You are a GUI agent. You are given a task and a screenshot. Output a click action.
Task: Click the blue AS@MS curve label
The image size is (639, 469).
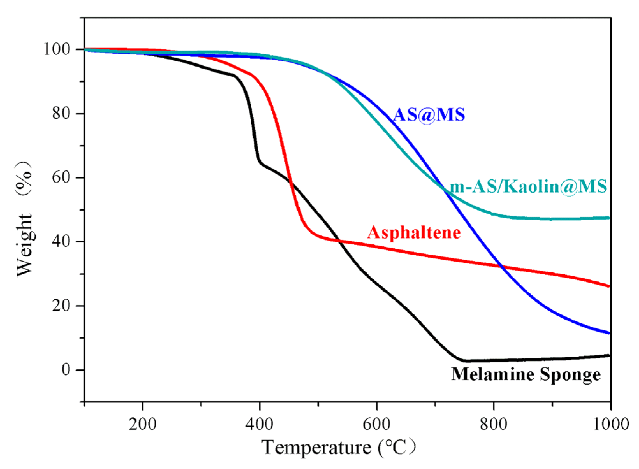[429, 115]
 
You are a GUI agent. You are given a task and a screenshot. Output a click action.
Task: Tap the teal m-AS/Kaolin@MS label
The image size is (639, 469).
[528, 187]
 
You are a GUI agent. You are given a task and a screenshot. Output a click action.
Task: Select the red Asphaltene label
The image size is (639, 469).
[414, 233]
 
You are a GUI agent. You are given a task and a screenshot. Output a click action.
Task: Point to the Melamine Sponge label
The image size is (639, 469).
[526, 374]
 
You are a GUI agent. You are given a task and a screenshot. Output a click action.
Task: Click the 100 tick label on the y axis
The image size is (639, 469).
[57, 49]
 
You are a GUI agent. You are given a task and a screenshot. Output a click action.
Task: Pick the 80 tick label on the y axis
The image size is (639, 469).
[61, 113]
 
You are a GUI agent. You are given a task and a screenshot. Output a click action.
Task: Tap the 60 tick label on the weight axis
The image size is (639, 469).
[61, 177]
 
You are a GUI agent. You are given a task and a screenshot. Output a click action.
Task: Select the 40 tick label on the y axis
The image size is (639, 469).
[61, 242]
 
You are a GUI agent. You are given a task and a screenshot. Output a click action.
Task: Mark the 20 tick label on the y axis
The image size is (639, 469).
[61, 306]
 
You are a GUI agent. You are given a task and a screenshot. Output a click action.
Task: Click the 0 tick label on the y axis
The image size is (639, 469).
[66, 370]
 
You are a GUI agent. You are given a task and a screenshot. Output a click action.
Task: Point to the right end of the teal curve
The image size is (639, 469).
[609, 218]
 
